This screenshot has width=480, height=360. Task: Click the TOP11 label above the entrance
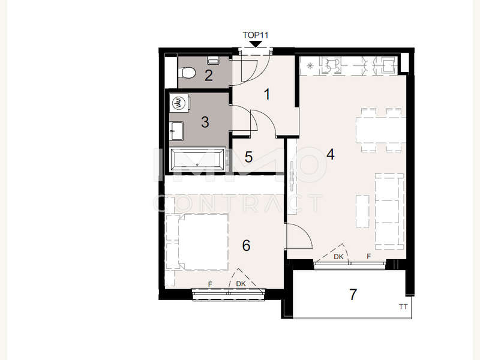[256, 35]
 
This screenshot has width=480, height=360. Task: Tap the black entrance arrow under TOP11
[256, 44]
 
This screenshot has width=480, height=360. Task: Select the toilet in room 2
[187, 73]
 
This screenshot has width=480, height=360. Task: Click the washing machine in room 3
[178, 103]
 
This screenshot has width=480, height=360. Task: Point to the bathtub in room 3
[197, 160]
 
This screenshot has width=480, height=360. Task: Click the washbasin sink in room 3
[176, 131]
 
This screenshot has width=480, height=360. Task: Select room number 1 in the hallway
[267, 94]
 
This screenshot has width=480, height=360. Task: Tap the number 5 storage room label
[248, 157]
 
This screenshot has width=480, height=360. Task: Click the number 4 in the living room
[331, 155]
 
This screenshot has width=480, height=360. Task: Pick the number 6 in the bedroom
[246, 245]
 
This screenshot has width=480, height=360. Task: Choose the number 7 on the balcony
[353, 295]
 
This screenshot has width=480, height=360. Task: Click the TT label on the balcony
[403, 307]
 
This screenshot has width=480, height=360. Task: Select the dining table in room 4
[381, 130]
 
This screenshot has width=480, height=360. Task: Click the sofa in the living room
[389, 212]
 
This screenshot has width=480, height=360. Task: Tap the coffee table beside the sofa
[363, 211]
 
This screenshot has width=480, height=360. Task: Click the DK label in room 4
[338, 257]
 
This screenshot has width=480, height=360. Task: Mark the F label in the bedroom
[210, 284]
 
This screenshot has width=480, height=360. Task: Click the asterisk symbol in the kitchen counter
[310, 65]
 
